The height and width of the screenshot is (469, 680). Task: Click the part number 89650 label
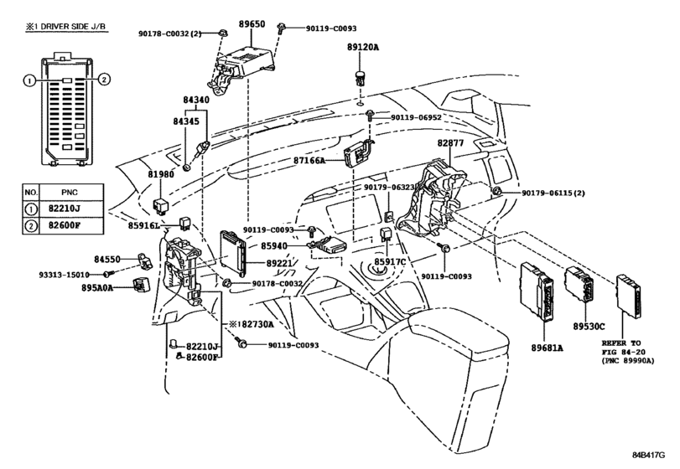[252, 24]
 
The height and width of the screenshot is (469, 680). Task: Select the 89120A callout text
[362, 47]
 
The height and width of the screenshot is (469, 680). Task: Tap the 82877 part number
[450, 142]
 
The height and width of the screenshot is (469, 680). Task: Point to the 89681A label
[547, 348]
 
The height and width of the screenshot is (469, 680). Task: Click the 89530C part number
[589, 327]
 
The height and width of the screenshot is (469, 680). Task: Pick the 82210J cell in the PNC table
[65, 209]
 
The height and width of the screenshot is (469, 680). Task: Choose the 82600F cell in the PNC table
[65, 225]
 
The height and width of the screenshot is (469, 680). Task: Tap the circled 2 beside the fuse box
[104, 80]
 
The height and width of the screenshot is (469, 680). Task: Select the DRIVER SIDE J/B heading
[73, 27]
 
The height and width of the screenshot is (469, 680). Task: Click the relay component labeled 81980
[161, 207]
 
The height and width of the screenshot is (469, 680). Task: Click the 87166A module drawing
[357, 154]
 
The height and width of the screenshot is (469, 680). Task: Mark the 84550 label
[107, 260]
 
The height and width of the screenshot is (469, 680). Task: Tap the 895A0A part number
[97, 287]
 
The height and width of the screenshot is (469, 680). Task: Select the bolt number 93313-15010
[65, 275]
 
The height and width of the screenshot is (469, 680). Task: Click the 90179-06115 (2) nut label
[553, 193]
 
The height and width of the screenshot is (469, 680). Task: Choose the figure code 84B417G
[648, 455]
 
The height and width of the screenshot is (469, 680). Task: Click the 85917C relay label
[390, 261]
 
